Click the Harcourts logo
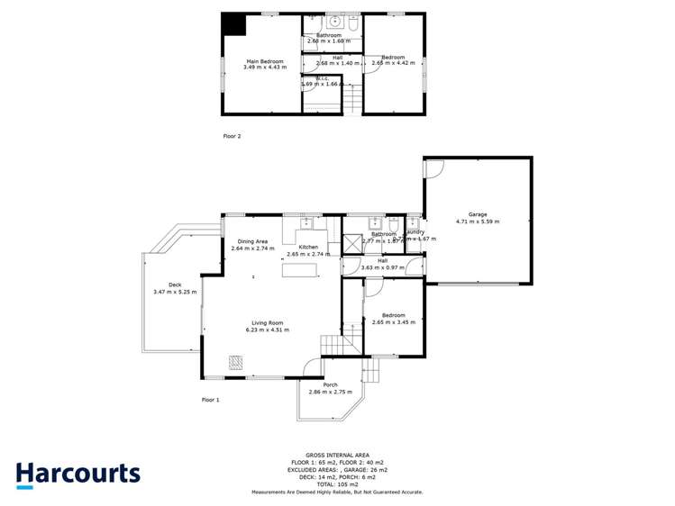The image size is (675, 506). point(78,474)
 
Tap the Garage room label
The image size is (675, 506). point(477,214)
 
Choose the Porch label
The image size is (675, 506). point(330,385)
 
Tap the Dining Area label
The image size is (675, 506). point(252,240)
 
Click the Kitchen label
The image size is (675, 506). point(309,247)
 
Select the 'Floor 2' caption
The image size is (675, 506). point(233,136)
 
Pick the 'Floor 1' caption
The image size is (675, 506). point(211,399)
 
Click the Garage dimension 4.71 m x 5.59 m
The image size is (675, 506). point(477,221)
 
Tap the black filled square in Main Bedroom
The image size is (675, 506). point(234,24)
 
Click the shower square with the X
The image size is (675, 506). point(351,245)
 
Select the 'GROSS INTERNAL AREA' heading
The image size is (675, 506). point(337,456)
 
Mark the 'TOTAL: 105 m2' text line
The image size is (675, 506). point(337,484)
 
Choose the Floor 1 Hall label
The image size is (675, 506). point(382,260)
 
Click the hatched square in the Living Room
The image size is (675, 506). point(235,362)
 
